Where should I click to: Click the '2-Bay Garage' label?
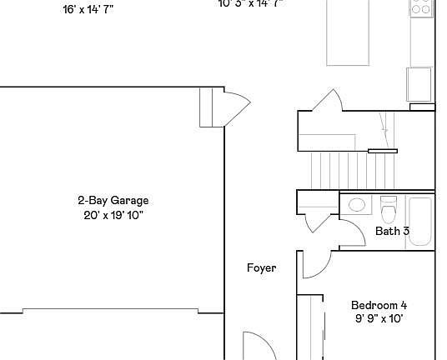(113, 200)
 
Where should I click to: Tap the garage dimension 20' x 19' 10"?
(113, 215)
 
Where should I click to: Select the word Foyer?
(261, 267)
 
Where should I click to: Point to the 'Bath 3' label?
(392, 231)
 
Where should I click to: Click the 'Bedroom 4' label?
(379, 305)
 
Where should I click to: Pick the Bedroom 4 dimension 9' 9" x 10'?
(379, 318)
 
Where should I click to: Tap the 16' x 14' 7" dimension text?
(88, 10)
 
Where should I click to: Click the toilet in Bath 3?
(388, 206)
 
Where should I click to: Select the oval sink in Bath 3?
(358, 204)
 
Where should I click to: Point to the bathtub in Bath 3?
(420, 221)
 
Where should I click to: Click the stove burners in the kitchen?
(421, 8)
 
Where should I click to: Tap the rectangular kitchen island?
(349, 32)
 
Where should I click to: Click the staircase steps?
(333, 170)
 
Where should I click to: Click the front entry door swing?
(254, 346)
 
